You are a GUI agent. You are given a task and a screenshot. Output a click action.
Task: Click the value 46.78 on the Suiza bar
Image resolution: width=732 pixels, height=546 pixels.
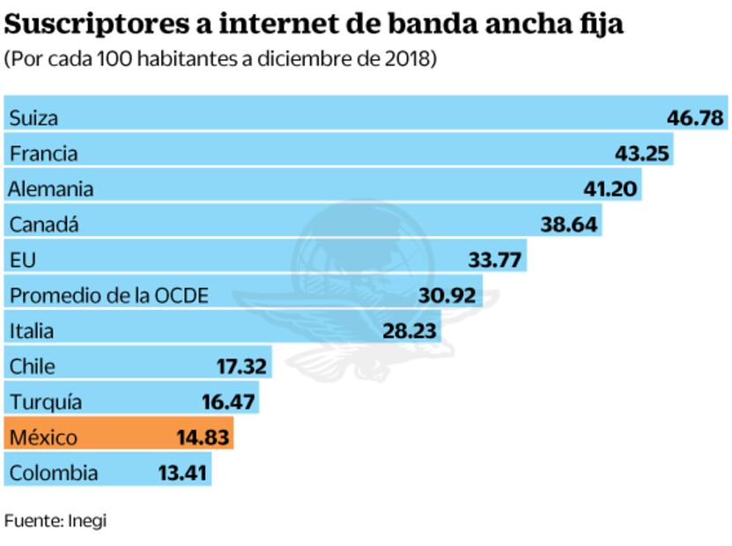pos(695,118)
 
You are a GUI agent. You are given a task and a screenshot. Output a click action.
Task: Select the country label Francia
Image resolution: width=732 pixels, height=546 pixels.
pos(43,153)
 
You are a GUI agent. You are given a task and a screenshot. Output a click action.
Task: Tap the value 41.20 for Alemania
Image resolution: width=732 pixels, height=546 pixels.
pos(610,188)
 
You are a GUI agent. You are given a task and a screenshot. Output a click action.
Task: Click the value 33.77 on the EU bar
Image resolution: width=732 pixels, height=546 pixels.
pos(496,260)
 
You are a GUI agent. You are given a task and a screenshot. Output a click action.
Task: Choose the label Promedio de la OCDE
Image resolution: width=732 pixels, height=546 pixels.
pos(109,295)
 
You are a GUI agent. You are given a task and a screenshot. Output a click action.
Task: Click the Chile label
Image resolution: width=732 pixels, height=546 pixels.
pos(33,366)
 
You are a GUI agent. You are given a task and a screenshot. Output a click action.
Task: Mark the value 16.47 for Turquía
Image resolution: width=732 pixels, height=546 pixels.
pos(228,402)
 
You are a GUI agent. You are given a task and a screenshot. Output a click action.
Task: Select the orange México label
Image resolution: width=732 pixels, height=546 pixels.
pos(43,438)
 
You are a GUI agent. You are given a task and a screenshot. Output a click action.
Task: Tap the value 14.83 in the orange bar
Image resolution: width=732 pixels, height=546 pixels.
pos(203,438)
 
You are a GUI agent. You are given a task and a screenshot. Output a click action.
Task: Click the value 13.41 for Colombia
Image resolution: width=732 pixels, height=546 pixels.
pos(182,473)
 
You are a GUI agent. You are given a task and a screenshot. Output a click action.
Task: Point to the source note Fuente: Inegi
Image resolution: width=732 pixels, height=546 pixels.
pos(55,520)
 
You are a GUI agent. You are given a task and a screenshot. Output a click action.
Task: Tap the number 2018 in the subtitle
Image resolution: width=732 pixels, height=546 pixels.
pos(414,59)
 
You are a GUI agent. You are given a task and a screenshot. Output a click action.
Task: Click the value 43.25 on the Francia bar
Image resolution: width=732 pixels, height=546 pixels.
pos(642,153)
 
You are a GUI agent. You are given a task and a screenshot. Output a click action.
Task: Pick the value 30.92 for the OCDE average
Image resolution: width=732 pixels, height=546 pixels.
pos(447,295)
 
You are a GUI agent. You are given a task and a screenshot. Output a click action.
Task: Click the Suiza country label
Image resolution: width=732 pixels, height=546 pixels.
pos(33,118)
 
